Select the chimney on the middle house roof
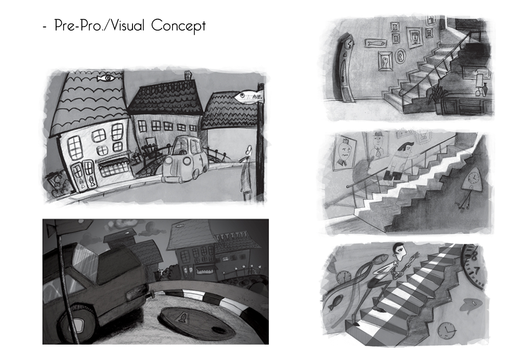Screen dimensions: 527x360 [188, 75]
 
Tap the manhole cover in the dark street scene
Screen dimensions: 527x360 [196, 324]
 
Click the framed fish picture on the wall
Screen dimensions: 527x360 [376, 43]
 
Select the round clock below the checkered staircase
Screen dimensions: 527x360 [446, 331]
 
